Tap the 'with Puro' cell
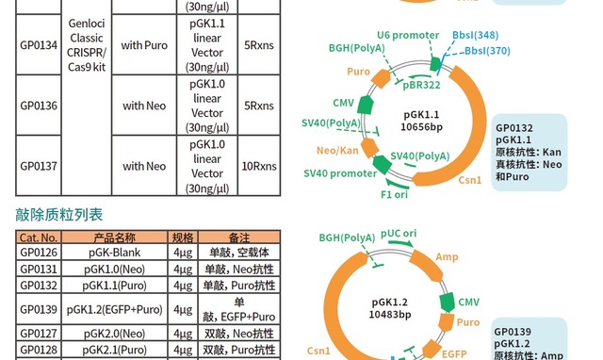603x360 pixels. pos(144,43)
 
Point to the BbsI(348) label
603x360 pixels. pos(477,35)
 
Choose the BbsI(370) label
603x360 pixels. pos(488,51)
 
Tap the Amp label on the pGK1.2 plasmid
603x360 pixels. pos(448,255)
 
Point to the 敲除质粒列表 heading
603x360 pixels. pos(59,216)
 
